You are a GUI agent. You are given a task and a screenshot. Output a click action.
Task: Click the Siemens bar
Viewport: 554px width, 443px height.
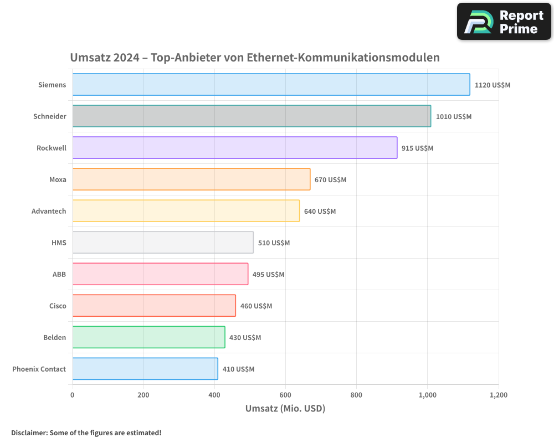tap(271, 85)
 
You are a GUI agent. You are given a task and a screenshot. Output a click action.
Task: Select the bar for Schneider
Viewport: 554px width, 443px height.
tap(252, 116)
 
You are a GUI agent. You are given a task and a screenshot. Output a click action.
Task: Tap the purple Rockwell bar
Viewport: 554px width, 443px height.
tap(234, 148)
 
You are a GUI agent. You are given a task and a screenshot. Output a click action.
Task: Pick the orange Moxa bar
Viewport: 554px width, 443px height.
tap(191, 179)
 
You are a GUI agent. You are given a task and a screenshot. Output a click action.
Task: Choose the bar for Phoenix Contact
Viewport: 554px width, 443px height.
tap(145, 369)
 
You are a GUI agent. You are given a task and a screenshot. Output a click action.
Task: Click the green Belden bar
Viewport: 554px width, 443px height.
tap(148, 337)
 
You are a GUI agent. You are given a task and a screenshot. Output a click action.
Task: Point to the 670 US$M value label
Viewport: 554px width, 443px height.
tap(330, 179)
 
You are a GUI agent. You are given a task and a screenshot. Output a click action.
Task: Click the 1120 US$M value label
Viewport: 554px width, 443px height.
tap(492, 85)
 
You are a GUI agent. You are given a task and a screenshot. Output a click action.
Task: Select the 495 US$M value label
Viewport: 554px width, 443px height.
tap(268, 274)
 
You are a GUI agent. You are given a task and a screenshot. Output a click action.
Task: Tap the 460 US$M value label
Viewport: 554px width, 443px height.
tap(256, 306)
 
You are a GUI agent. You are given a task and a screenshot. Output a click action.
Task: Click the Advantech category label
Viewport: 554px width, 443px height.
tap(49, 211)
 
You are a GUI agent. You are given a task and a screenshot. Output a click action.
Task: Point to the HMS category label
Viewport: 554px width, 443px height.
tap(58, 243)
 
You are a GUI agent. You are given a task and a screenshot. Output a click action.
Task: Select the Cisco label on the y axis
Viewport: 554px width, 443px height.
tap(58, 306)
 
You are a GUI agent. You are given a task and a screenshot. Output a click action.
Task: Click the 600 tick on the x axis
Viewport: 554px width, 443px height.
tap(285, 395)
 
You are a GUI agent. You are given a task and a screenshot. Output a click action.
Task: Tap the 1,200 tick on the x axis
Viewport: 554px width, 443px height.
tap(498, 395)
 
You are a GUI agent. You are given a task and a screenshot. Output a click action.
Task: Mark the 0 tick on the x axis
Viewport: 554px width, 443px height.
tap(73, 395)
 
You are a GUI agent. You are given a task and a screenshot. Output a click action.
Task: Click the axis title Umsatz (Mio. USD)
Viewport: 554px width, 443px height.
tap(285, 409)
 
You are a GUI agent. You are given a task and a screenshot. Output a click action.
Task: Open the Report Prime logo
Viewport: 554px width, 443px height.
tap(504, 22)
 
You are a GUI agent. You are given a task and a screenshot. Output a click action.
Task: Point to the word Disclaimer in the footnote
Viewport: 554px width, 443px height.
tap(29, 432)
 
